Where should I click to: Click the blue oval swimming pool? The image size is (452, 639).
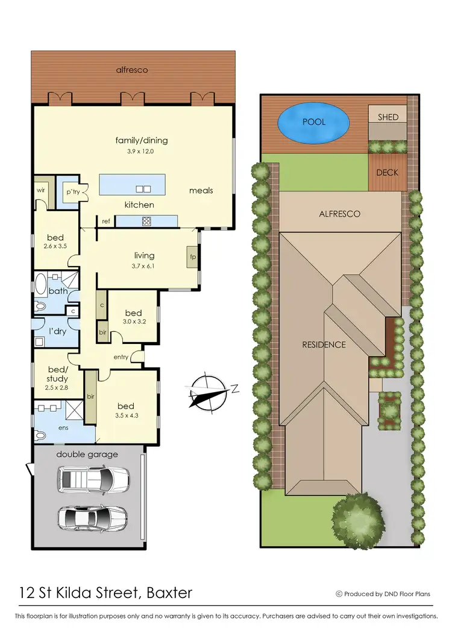(313, 122)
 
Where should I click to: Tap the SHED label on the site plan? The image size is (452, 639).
(388, 117)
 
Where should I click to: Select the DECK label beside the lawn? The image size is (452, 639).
(388, 173)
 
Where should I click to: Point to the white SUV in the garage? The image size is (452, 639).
(93, 480)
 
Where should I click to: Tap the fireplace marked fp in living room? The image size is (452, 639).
(192, 256)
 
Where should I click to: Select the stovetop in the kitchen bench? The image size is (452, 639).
(146, 221)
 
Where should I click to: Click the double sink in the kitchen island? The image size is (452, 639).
(143, 188)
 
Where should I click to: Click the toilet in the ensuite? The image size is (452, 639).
(41, 435)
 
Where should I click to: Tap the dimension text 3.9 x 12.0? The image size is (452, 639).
(141, 151)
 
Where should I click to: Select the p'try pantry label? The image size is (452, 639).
(72, 191)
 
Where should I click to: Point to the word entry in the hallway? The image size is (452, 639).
(121, 357)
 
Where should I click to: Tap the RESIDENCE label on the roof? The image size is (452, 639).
(324, 345)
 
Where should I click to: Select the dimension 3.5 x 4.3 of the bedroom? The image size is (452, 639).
(125, 416)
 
